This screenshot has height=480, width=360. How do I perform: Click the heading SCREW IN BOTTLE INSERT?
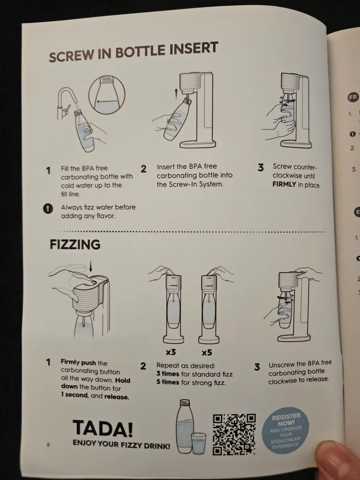pos(133,51)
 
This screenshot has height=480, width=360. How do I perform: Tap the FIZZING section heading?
pos(75,244)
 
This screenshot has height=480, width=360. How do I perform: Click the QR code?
pos(234,434)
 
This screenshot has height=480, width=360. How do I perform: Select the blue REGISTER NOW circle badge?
pos(286,430)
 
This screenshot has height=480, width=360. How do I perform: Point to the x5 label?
pos(207,353)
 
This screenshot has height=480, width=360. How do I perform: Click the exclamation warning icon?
pos(48,208)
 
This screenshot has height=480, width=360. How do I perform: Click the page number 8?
pos(48,444)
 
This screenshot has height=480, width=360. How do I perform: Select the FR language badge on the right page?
pos(353,97)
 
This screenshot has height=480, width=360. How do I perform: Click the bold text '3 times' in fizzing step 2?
pos(168,374)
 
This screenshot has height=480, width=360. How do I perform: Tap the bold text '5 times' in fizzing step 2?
pos(168,383)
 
